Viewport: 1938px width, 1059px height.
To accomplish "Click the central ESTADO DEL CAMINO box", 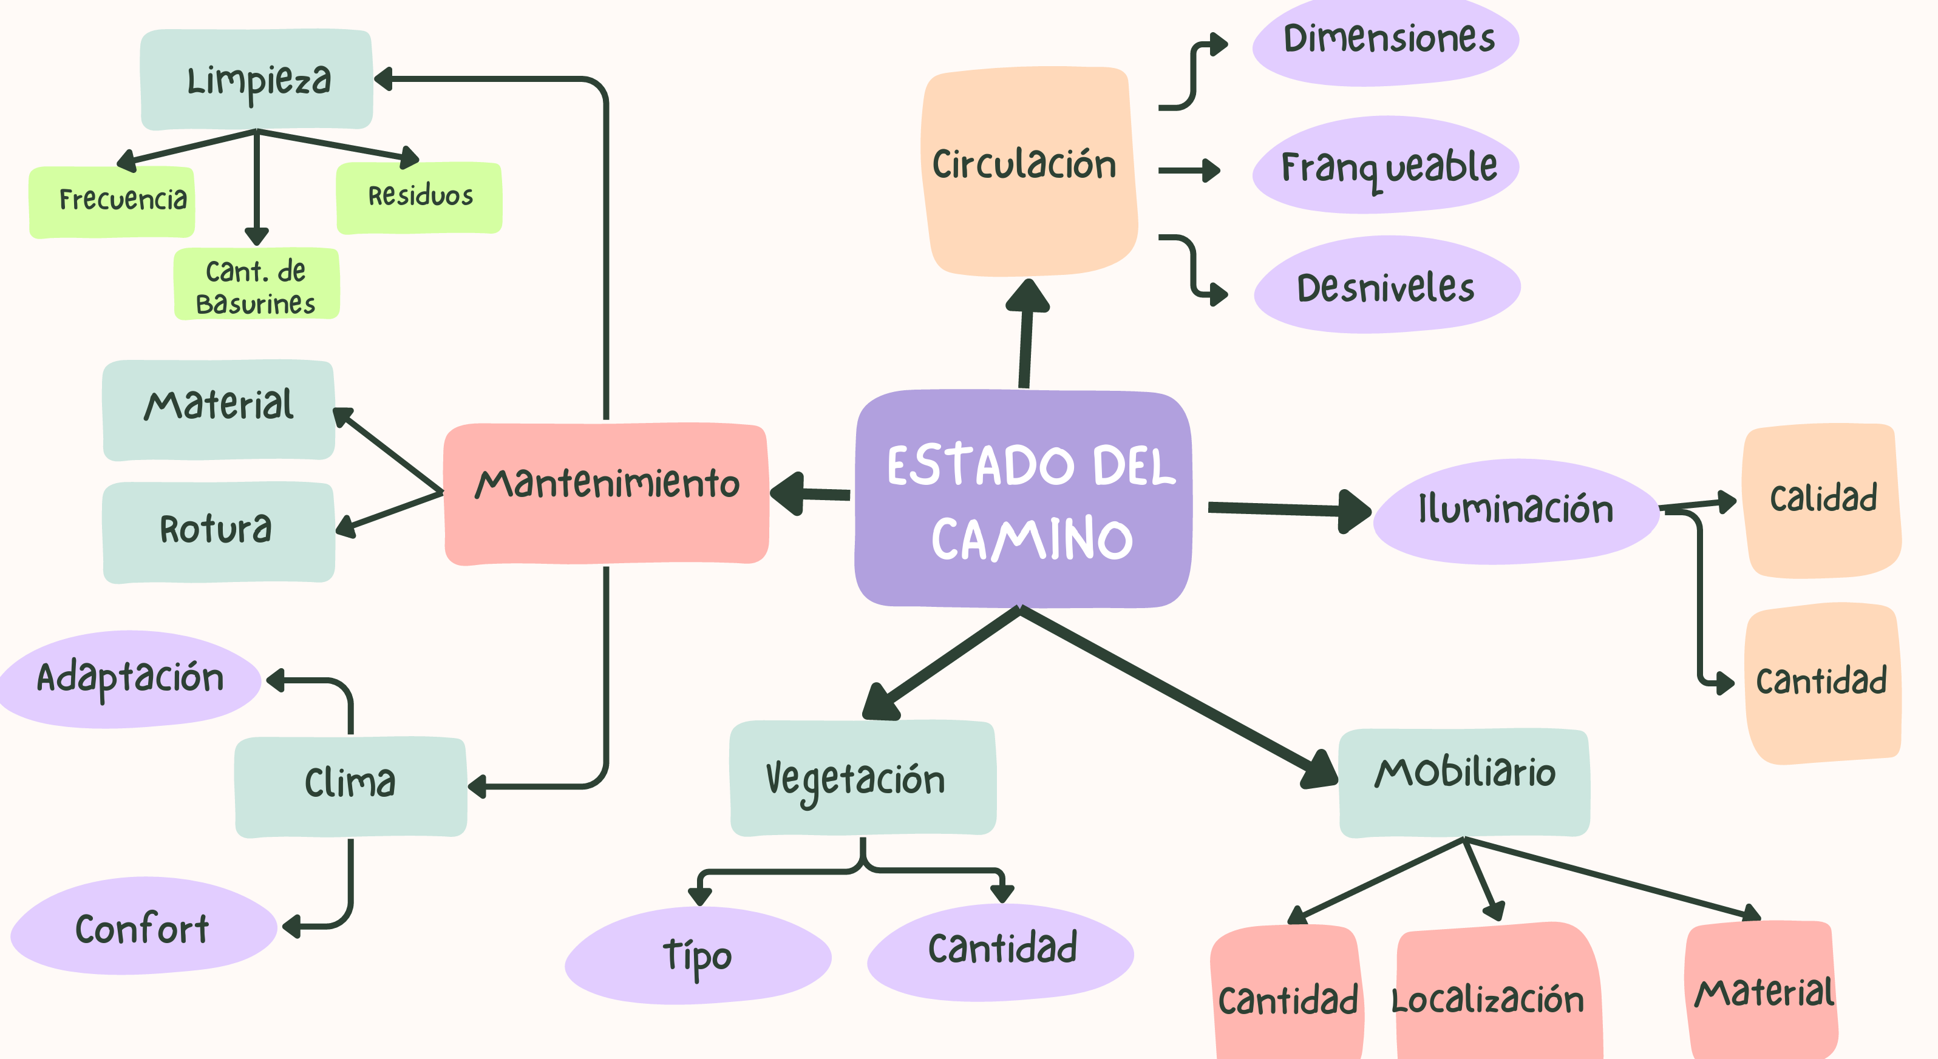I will pyautogui.click(x=1023, y=499).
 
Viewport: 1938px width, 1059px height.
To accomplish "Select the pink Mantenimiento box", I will pyautogui.click(x=607, y=493).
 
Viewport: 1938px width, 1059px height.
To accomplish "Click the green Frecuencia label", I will pyautogui.click(x=112, y=201).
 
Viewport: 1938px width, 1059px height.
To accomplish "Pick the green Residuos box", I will pyautogui.click(x=419, y=197).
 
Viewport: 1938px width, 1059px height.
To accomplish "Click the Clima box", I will pyautogui.click(x=350, y=786).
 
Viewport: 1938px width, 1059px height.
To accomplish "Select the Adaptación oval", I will pyautogui.click(x=130, y=678).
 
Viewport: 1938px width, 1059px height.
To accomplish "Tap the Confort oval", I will pyautogui.click(x=143, y=927).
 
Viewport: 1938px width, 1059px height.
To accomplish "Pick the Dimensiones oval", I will pyautogui.click(x=1385, y=41).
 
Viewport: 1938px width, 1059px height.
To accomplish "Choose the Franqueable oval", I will pyautogui.click(x=1385, y=166).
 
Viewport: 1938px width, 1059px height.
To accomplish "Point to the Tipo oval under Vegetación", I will pyautogui.click(x=698, y=955).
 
